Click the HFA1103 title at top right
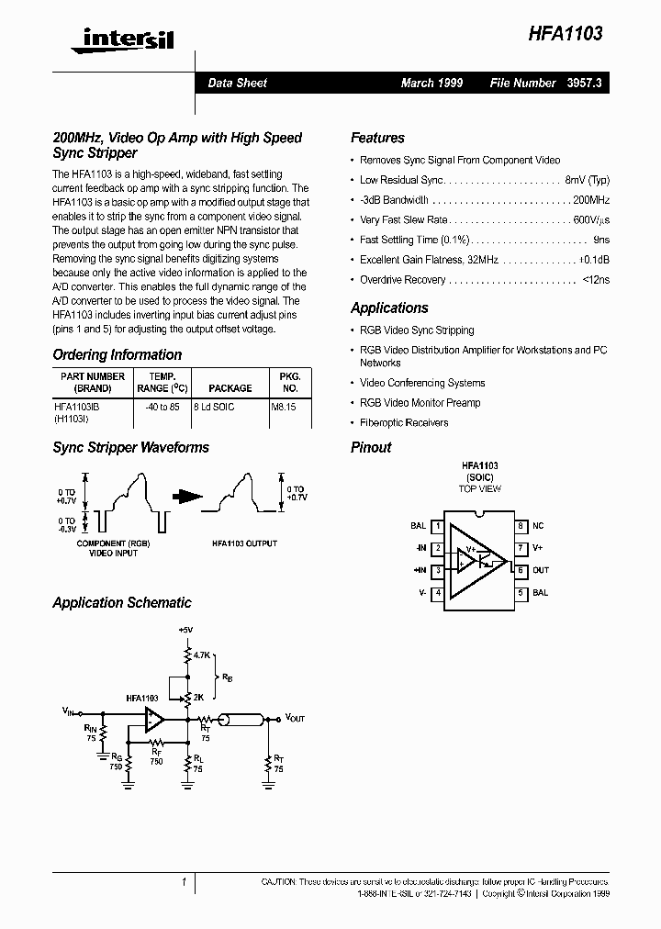click(x=565, y=34)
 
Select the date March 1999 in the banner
click(x=431, y=83)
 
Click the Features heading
click(x=377, y=138)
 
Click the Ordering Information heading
click(x=117, y=354)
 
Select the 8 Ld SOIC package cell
click(x=215, y=406)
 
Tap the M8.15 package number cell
click(x=284, y=406)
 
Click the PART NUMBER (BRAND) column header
click(x=93, y=382)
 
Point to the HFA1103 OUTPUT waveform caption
click(x=244, y=543)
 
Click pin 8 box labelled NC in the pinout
click(x=520, y=526)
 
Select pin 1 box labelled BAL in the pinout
click(x=439, y=526)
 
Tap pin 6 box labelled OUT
click(x=520, y=570)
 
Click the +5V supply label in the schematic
click(x=186, y=631)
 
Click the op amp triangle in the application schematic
click(x=153, y=718)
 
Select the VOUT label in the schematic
click(x=297, y=717)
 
